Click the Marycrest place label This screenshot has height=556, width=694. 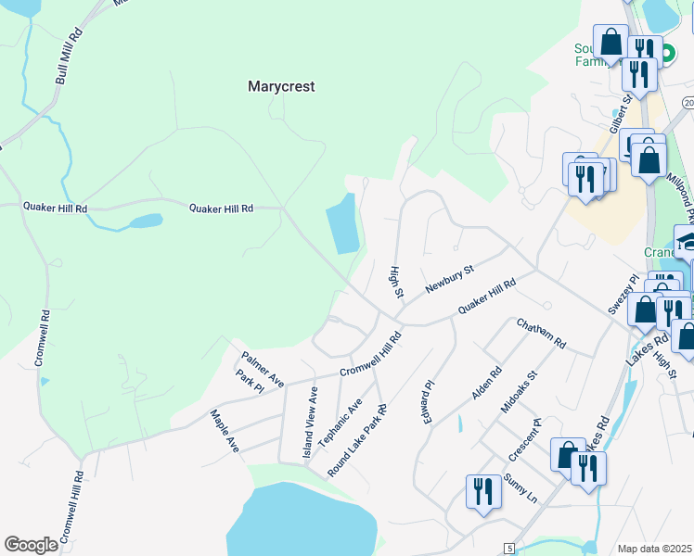pos(282,86)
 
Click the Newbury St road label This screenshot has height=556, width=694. pos(450,279)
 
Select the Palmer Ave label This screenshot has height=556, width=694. pos(263,368)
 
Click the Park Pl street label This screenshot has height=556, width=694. pos(251,383)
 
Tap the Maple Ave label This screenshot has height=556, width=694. pos(225,431)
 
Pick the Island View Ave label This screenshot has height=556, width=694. pos(309,423)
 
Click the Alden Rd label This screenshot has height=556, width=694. pos(486,382)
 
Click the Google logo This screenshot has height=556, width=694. pos(31,545)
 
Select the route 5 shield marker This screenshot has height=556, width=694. pos(509,548)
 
